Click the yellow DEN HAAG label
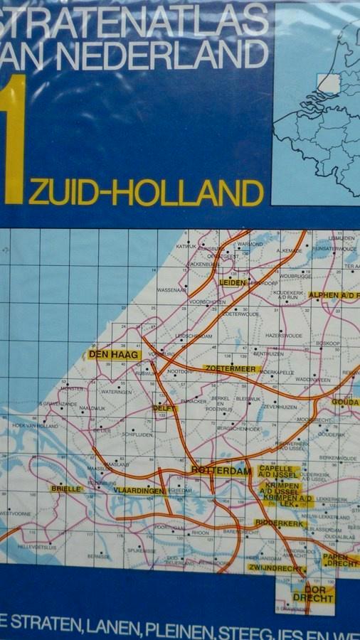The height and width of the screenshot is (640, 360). pos(114,354)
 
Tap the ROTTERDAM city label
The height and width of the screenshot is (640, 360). pos(221,471)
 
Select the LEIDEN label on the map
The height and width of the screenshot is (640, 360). pos(233,282)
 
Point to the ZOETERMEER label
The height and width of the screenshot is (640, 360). pos(229,368)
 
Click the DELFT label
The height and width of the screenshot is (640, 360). pos(164,408)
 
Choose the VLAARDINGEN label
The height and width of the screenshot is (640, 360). pos(139,490)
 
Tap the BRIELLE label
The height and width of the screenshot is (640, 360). pos(66,489)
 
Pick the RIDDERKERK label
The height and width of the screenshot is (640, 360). pos(280,523)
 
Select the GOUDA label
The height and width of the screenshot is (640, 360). pos(346,402)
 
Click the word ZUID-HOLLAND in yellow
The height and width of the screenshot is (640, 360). pos(147,193)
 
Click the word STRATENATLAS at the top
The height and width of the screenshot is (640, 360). pos(135,19)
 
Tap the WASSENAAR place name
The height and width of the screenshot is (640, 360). pos(171,290)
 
